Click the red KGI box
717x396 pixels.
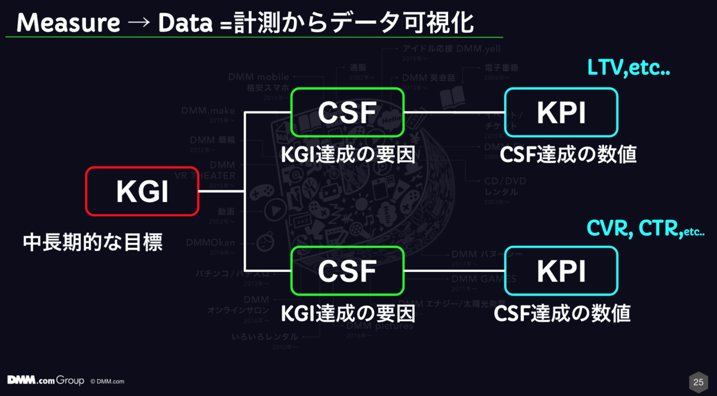(142, 191)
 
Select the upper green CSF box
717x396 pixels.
(347, 112)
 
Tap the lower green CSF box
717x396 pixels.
(347, 271)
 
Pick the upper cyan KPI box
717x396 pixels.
(561, 112)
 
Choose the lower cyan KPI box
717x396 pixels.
(561, 271)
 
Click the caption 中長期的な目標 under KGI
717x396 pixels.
(93, 242)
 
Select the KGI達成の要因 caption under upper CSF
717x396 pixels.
(348, 155)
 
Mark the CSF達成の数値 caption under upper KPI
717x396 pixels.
(568, 155)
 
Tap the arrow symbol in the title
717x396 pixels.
(139, 24)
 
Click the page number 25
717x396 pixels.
(697, 381)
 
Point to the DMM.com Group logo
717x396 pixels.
(45, 380)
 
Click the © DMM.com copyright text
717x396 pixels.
(108, 381)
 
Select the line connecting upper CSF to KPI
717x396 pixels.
(454, 112)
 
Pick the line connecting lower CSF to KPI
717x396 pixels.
(454, 271)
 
